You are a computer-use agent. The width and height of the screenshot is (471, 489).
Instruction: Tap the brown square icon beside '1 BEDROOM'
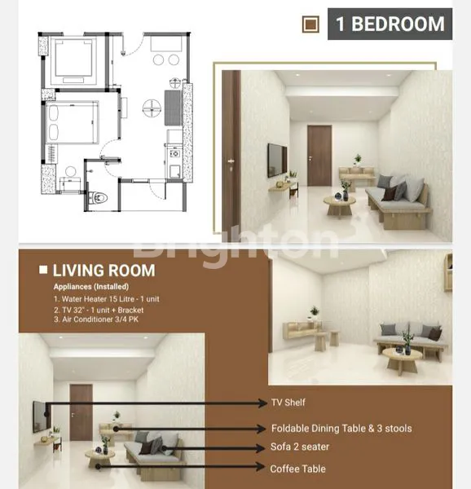[310, 24]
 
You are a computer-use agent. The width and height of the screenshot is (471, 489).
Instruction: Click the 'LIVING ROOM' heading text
[103, 271]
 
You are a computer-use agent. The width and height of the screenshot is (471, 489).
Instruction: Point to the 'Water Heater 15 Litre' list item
[109, 299]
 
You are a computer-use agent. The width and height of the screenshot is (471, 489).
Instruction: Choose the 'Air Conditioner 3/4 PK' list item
[106, 319]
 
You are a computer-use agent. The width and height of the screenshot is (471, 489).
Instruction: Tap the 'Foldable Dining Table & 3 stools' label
[341, 429]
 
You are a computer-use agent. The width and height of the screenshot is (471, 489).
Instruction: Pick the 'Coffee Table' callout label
[298, 469]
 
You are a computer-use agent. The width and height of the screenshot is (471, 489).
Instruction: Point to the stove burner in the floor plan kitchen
[173, 152]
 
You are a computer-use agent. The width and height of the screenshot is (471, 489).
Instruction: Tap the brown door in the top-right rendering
[319, 154]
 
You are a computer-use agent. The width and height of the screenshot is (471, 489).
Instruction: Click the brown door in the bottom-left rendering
[81, 412]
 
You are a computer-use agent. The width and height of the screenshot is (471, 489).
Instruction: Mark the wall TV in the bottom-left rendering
[38, 416]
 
